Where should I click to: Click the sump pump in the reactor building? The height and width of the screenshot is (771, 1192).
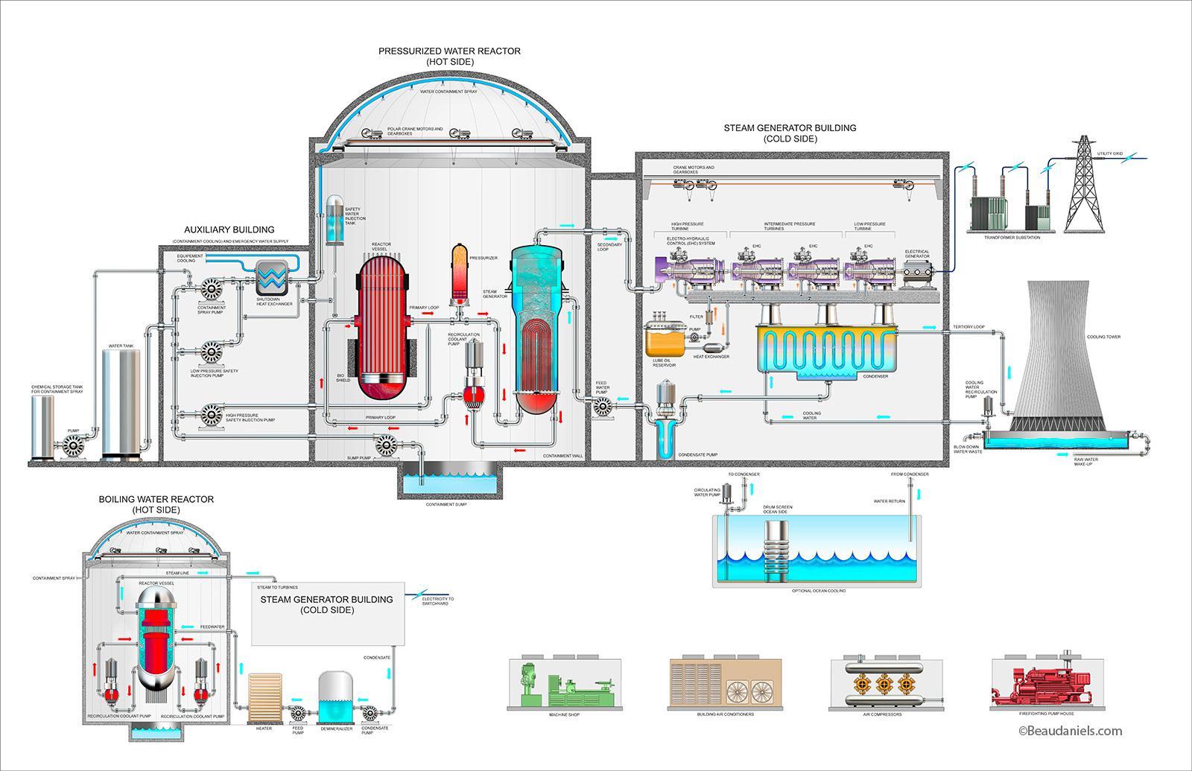click(386, 445)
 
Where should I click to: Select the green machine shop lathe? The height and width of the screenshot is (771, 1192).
click(565, 682)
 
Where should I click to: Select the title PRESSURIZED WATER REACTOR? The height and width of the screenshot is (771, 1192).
click(449, 51)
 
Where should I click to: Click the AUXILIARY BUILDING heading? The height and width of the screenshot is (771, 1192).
click(229, 229)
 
